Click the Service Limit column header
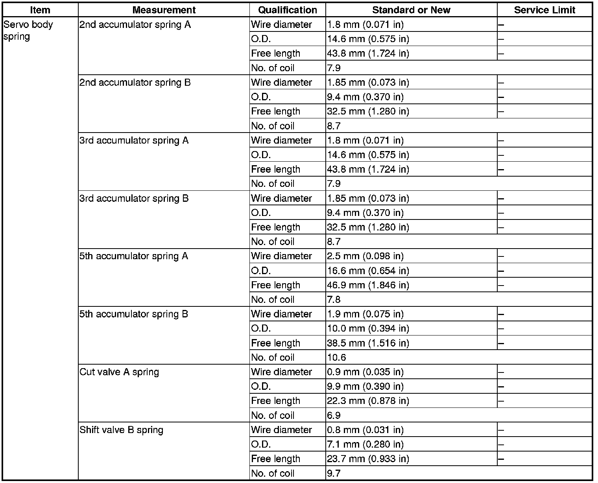click(x=544, y=10)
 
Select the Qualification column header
click(x=288, y=10)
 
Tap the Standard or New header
click(x=411, y=10)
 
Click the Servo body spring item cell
click(x=28, y=30)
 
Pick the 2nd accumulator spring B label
click(x=135, y=83)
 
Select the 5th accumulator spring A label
click(x=134, y=256)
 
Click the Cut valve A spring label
click(x=119, y=372)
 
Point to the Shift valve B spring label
click(x=121, y=430)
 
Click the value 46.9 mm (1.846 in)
click(x=368, y=285)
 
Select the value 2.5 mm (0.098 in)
click(x=365, y=256)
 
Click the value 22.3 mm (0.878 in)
click(x=368, y=401)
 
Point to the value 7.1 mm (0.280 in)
click(x=365, y=444)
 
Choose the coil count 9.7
click(x=334, y=473)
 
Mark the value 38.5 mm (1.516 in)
click(x=368, y=343)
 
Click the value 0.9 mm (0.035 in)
click(x=365, y=372)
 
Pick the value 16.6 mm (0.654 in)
click(x=368, y=271)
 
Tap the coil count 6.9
click(x=334, y=415)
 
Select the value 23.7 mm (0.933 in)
click(x=368, y=459)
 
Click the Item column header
click(x=40, y=10)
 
